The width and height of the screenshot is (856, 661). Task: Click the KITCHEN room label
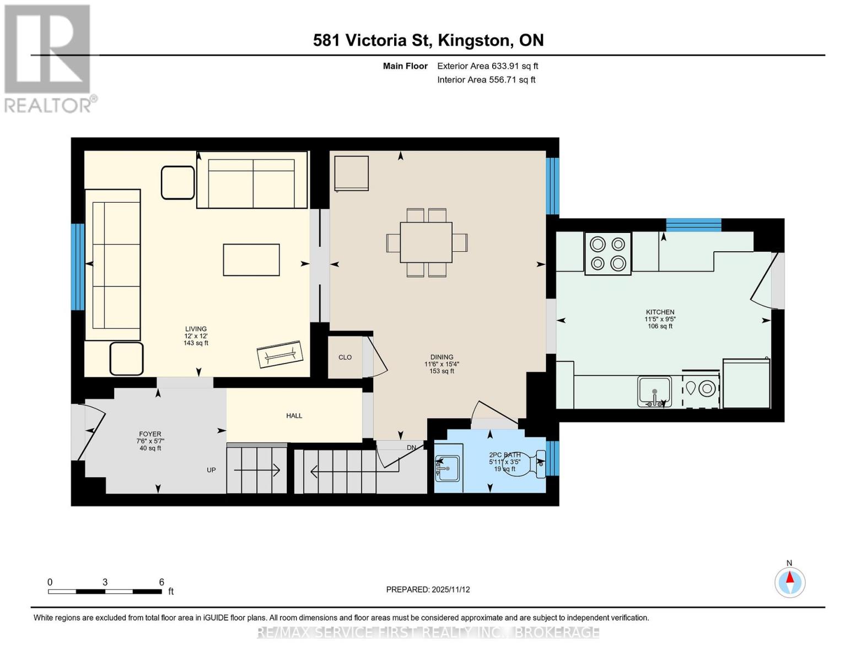point(660,312)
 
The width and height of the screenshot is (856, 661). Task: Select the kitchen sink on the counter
point(654,391)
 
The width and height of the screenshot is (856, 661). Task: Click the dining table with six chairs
point(426,242)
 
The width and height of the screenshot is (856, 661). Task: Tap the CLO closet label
point(345,357)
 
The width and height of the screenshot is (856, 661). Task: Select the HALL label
point(294,416)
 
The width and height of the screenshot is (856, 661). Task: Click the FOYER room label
point(150,434)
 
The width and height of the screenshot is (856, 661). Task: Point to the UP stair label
point(211,470)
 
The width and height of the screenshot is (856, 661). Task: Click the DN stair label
point(411,448)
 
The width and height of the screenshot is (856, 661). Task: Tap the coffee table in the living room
point(251,260)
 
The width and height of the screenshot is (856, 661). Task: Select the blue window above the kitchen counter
point(693,225)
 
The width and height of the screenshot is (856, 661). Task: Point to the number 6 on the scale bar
point(161,582)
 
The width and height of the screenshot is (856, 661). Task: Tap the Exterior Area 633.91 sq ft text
point(487,66)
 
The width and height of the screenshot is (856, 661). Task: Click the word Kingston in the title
point(473,40)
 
